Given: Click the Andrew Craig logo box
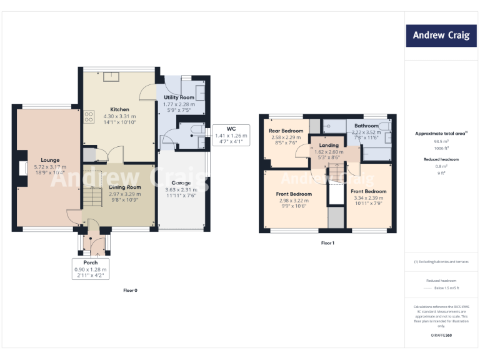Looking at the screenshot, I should pyautogui.click(x=441, y=36).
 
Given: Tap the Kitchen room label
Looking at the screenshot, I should pyautogui.click(x=119, y=109).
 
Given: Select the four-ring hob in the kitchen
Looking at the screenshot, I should pyautogui.click(x=88, y=116).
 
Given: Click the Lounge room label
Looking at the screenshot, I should pyautogui.click(x=49, y=160).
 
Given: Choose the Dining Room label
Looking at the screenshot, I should pyautogui.click(x=125, y=187).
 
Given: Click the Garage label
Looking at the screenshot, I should pyautogui.click(x=181, y=183).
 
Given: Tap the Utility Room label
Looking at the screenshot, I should pyautogui.click(x=179, y=97).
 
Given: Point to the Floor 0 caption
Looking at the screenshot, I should pyautogui.click(x=130, y=290).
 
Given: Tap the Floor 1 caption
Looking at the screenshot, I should pyautogui.click(x=327, y=242).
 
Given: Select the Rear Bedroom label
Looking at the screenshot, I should pyautogui.click(x=286, y=131).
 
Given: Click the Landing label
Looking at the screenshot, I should pyautogui.click(x=329, y=145).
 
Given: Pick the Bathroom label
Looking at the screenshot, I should pyautogui.click(x=366, y=126).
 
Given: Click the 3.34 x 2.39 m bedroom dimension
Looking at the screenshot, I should pyautogui.click(x=368, y=198).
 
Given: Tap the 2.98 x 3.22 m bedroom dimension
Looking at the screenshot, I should pyautogui.click(x=294, y=201).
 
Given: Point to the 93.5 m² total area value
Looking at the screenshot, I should pyautogui.click(x=441, y=141).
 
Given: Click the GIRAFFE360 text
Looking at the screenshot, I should pyautogui.click(x=441, y=336).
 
